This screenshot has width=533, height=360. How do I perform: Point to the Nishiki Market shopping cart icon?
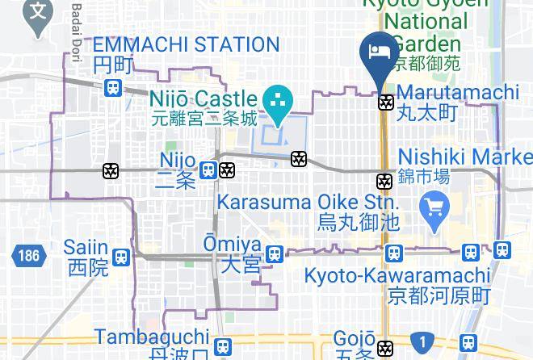(434, 210)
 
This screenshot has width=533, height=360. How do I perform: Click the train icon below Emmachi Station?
(113, 88)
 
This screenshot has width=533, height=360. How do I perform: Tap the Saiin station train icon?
(122, 257)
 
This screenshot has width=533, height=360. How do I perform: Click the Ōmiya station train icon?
(275, 253)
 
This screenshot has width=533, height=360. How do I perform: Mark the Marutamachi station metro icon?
(386, 103)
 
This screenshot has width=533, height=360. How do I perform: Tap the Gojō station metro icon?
(386, 349)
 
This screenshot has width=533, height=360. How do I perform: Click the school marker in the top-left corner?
(37, 14)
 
